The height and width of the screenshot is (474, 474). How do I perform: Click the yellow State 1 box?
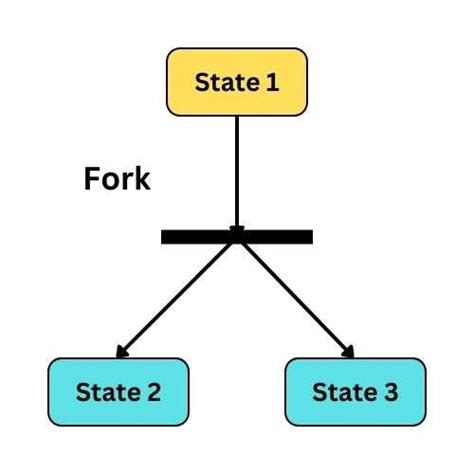point(237,81)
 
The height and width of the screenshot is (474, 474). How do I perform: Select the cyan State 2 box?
point(118,391)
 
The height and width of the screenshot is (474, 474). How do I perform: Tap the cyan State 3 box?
point(355,391)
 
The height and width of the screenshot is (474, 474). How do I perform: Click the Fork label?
point(116,180)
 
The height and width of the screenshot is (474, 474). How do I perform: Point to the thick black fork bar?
point(237,237)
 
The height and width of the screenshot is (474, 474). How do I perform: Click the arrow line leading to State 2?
point(180,295)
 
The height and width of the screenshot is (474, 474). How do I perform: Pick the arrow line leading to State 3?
point(295,295)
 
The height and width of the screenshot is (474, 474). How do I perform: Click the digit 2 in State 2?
point(153,392)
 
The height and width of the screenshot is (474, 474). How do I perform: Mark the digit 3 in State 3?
point(389,392)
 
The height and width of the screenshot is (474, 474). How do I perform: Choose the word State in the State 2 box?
point(107,392)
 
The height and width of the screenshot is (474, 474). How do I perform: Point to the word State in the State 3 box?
point(343,392)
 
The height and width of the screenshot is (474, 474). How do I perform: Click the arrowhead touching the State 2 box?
point(121,352)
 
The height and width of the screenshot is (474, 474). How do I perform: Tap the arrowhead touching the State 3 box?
point(351,352)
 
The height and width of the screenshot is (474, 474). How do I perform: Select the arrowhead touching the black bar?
point(237,230)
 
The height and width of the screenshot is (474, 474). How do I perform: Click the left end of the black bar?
point(165,237)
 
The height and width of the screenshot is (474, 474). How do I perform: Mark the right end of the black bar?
point(309,237)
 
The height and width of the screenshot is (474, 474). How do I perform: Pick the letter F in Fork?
point(90,180)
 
